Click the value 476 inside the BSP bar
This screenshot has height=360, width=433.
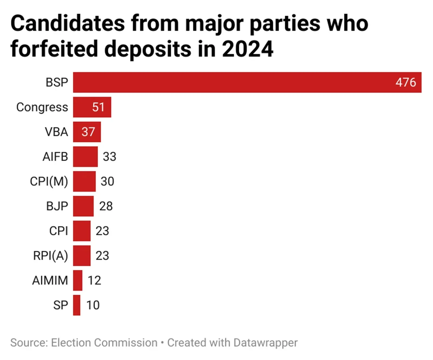coord(405,82)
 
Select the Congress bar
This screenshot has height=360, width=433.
coord(92,107)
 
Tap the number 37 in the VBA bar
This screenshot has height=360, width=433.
coord(88,132)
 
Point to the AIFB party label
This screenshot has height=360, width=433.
coord(55,157)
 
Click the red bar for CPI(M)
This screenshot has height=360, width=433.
coord(84,181)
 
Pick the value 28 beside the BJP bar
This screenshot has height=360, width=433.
coord(106,206)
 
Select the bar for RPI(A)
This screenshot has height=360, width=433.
coord(82,256)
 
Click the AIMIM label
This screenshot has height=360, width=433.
coord(50,280)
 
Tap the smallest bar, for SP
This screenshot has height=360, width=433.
coord(77,305)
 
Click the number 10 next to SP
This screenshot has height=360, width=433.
coord(93,305)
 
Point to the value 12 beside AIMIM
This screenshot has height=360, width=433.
coord(94,280)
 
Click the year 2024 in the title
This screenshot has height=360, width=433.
coord(247,49)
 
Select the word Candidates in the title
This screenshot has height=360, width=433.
coord(68,24)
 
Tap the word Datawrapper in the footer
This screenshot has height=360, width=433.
coord(265,343)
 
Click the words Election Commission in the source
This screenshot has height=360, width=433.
coord(104,343)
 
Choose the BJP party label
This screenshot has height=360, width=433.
coord(57,206)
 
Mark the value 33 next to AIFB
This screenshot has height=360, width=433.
coord(109,157)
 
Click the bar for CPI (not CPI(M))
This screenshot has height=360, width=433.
coord(82,231)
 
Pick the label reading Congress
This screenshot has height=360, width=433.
coord(42,107)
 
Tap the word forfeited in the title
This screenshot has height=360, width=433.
coord(54,49)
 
